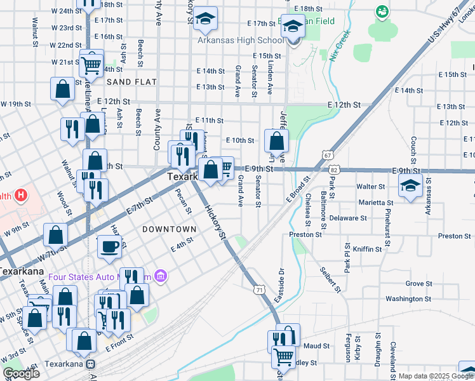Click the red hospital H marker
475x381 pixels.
[21, 194]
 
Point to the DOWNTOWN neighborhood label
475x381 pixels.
[169, 229]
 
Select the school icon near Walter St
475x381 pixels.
[410, 186]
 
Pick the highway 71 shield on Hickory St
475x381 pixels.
[258, 290]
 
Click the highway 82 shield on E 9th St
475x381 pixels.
[333, 170]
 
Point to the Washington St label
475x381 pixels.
[408, 298]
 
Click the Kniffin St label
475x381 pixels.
[367, 250]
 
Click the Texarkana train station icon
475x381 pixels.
[91, 365]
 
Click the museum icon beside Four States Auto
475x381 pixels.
[160, 276]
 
